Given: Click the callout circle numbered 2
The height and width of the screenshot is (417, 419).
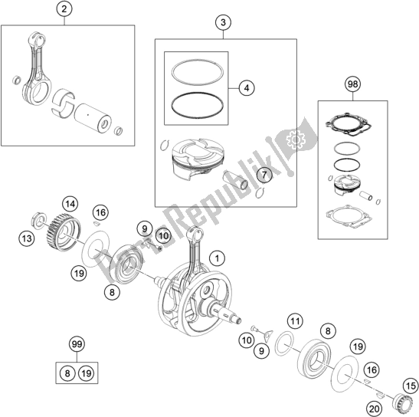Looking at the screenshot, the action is pyautogui.click(x=64, y=9).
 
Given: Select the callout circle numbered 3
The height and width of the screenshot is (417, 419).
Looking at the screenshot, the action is pyautogui.click(x=223, y=22).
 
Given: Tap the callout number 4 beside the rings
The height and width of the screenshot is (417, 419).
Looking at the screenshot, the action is pyautogui.click(x=247, y=87).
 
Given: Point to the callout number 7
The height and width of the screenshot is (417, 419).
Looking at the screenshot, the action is pyautogui.click(x=264, y=175).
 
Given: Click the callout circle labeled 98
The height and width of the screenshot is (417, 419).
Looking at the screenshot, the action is pyautogui.click(x=352, y=84).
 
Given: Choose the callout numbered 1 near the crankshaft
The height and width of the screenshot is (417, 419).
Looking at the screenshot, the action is pyautogui.click(x=218, y=258).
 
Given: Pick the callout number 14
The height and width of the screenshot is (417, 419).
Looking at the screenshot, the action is pyautogui.click(x=70, y=205).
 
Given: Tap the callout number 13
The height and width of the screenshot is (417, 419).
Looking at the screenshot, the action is pyautogui.click(x=27, y=238).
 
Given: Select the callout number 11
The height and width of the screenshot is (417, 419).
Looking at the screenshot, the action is pyautogui.click(x=295, y=320).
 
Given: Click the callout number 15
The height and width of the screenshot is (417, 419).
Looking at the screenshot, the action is pyautogui.click(x=411, y=386).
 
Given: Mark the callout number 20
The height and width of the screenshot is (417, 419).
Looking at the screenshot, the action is pyautogui.click(x=374, y=409).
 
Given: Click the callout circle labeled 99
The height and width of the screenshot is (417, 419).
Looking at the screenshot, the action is pyautogui.click(x=77, y=344).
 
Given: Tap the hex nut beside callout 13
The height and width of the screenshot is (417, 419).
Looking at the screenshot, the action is pyautogui.click(x=39, y=220).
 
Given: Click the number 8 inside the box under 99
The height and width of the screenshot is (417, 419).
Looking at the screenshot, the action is pyautogui.click(x=67, y=373).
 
